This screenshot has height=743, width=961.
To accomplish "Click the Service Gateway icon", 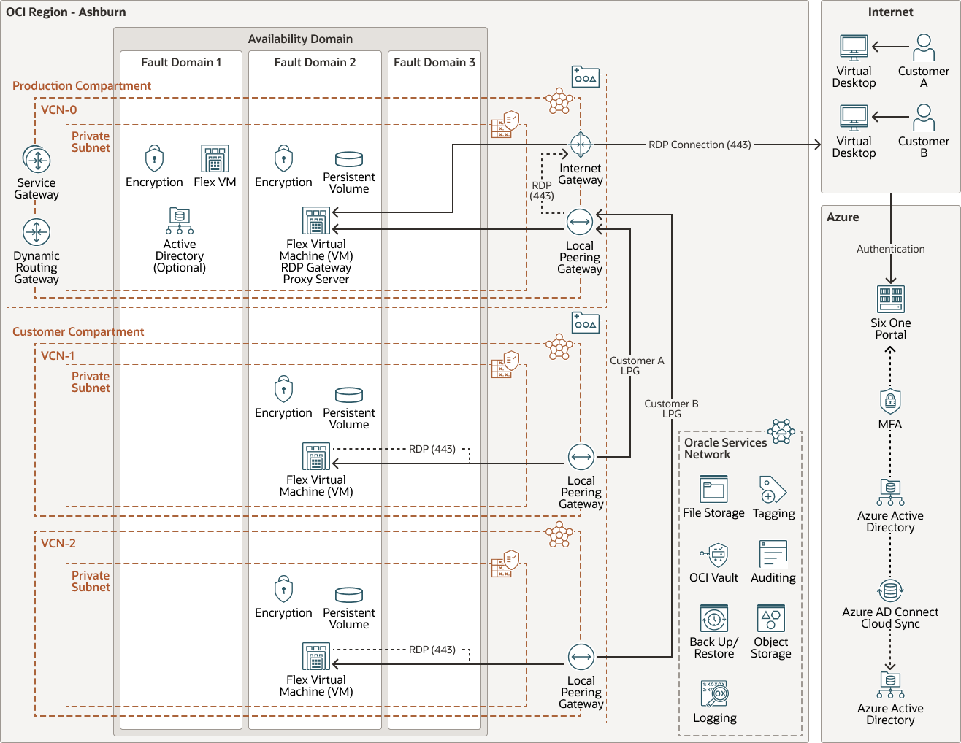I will click(x=37, y=159).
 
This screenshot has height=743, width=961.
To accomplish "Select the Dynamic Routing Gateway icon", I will click(x=37, y=232).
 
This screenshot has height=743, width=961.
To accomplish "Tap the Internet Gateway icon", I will click(x=581, y=145).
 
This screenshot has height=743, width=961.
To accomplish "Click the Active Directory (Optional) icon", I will click(x=180, y=220).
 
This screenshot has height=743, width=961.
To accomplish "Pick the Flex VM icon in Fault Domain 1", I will click(x=215, y=158).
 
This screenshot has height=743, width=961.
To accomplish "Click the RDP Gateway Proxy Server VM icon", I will click(x=316, y=220).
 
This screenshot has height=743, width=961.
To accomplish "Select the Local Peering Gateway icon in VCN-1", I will click(x=581, y=458).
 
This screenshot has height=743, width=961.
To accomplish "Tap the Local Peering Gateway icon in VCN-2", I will click(x=581, y=657).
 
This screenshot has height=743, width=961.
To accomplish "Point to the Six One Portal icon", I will click(x=890, y=299).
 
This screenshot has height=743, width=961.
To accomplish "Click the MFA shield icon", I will click(x=890, y=401).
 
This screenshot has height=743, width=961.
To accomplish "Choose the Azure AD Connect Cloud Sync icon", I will click(x=890, y=590).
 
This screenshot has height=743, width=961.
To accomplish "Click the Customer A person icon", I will click(x=924, y=48).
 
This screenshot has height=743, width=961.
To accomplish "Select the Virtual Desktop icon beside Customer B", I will click(x=854, y=118).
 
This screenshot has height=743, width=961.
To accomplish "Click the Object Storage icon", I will click(x=771, y=619).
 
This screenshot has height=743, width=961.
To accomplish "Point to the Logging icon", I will click(x=714, y=694).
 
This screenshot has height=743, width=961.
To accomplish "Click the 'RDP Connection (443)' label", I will click(x=700, y=145).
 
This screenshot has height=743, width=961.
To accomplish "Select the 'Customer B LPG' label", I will click(x=671, y=409).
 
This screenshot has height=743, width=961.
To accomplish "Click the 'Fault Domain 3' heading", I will click(x=434, y=63).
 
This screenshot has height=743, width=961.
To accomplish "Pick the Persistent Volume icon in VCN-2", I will click(x=349, y=595).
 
